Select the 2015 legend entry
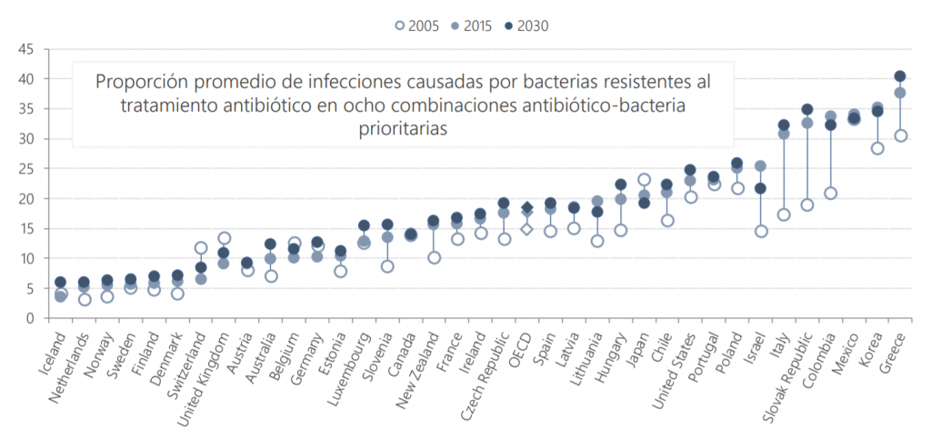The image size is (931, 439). [x=476, y=25]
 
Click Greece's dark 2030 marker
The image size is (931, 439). [x=900, y=76]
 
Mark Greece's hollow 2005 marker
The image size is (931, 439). [x=900, y=135]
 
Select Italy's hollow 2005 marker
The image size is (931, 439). [x=784, y=215]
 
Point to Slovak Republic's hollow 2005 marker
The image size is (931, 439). [x=806, y=205]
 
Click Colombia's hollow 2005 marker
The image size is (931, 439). [x=830, y=193]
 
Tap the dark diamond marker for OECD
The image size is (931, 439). [x=527, y=208]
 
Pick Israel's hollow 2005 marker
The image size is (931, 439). [x=761, y=231]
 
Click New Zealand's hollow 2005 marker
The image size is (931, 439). [x=435, y=257]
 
